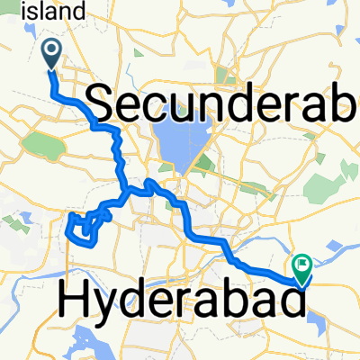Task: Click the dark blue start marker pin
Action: [x=50, y=54]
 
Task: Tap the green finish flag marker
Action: [x=301, y=267]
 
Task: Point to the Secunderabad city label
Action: [x=225, y=105]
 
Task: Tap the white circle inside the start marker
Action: [x=50, y=50]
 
